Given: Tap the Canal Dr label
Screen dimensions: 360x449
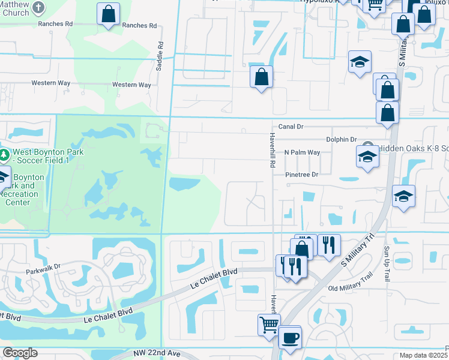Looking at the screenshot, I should point(292,127).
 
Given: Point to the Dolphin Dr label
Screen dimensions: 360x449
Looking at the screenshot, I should point(342,139).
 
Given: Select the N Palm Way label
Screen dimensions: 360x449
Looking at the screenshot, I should point(302,152).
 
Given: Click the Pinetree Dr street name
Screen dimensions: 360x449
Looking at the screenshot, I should point(301,174).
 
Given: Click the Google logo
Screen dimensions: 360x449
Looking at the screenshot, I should point(20,353).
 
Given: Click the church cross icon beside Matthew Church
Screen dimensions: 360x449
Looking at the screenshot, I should point(39,8).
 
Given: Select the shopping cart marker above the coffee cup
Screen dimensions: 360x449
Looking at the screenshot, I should point(269,324).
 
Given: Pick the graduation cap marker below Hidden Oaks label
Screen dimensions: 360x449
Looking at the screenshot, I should point(367,158).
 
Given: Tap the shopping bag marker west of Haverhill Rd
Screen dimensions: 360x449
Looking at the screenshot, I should point(261,76).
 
